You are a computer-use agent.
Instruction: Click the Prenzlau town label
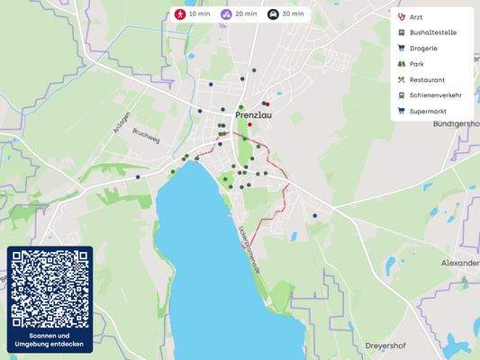pyautogui.click(x=253, y=116)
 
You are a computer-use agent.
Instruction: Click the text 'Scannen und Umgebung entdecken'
pyautogui.click(x=50, y=340)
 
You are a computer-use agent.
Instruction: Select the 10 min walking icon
pyautogui.click(x=180, y=14)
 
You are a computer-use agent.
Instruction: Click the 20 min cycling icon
pyautogui.click(x=226, y=14)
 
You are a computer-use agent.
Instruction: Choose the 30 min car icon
pyautogui.click(x=273, y=14)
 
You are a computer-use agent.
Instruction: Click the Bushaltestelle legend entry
pyautogui.click(x=432, y=32)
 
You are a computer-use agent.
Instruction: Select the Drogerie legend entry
pyautogui.click(x=423, y=49)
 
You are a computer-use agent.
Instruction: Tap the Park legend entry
pyautogui.click(x=416, y=64)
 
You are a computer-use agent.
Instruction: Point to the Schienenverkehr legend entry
pyautogui.click(x=435, y=95)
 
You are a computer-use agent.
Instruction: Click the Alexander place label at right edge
pyautogui.click(x=459, y=263)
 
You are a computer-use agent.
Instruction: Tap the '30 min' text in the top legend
pyautogui.click(x=292, y=14)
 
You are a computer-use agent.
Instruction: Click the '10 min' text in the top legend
pyautogui.click(x=199, y=14)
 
